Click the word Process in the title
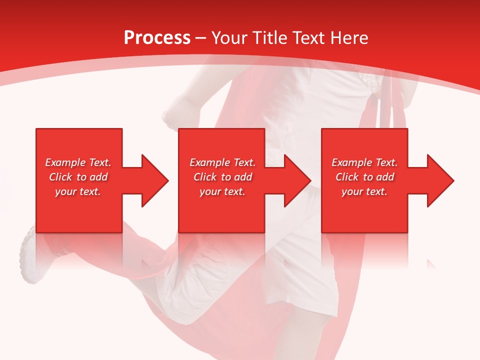[x=157, y=38]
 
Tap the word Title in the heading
[x=270, y=38]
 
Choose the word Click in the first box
[x=61, y=177]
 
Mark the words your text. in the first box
[x=78, y=192]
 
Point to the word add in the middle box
[x=243, y=177]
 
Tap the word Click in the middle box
[x=205, y=177]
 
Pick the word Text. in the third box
[x=386, y=162]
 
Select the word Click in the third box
[x=347, y=177]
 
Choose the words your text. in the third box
[x=364, y=192]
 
